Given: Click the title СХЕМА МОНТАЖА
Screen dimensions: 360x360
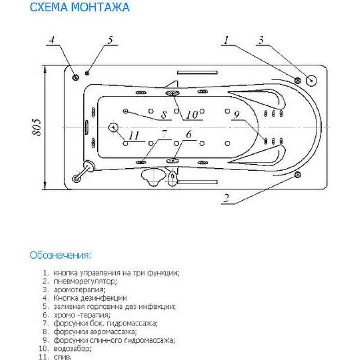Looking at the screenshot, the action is pos(80,7).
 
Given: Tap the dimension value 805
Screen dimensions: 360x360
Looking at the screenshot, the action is pos(36,127).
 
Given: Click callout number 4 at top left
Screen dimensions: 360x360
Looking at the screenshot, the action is pos(52,40).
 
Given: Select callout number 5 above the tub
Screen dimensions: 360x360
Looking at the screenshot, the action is pos(110,40).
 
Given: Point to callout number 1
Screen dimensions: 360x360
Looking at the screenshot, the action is pos(226,40).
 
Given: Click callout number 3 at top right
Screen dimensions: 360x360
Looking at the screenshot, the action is pos(261,40).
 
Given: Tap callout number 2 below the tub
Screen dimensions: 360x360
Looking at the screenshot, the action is pos(226,198).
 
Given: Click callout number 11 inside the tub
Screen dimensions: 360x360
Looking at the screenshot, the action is pos(134,135).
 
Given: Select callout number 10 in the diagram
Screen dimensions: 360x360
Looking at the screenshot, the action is pos(192,115).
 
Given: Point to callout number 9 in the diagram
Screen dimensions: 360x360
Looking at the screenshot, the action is pos(237,115).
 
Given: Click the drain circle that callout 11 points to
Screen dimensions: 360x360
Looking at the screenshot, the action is pos(113,127).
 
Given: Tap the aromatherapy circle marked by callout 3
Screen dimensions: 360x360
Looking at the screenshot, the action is pos(311,81).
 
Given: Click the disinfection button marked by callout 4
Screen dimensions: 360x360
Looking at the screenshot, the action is pos(76,77).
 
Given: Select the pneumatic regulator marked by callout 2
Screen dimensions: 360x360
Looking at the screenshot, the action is pos(297,175).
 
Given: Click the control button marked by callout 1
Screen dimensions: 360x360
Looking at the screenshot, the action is pos(297,81).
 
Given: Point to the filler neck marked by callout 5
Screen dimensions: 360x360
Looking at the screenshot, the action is pos(87,73).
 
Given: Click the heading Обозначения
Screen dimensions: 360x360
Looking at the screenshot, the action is pos(60,255).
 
